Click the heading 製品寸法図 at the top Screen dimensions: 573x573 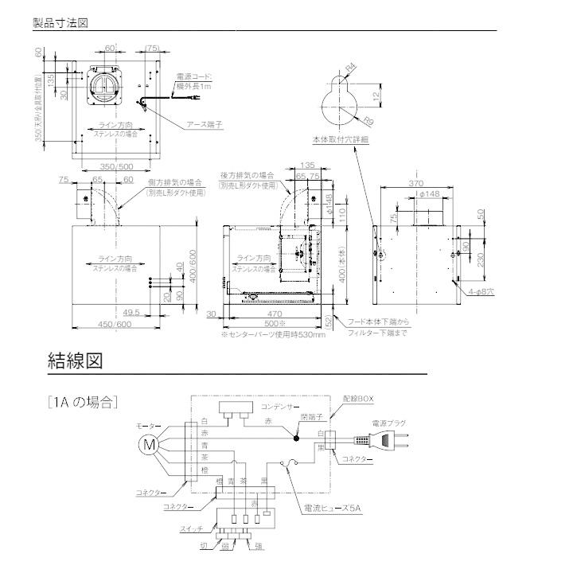60,23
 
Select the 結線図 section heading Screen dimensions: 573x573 75,361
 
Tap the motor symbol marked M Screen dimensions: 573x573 148,446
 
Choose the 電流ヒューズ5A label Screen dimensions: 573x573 332,506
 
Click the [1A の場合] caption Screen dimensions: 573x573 82,402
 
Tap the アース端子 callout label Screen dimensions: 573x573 203,124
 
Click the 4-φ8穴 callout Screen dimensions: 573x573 480,293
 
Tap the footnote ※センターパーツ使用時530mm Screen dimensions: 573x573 273,335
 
